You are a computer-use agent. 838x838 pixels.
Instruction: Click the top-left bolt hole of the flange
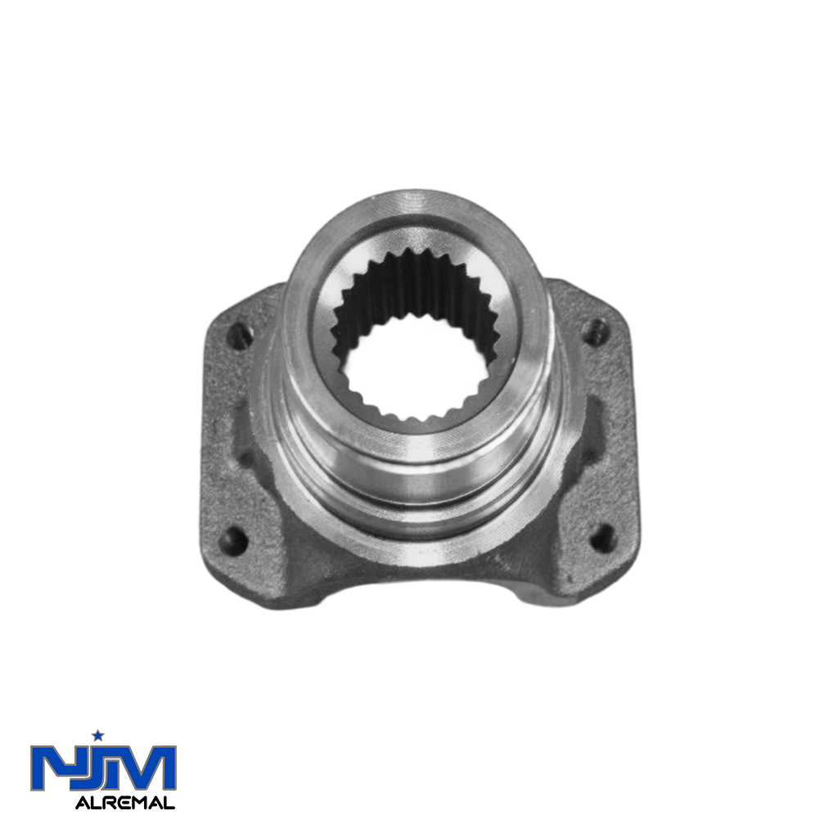click(x=240, y=336)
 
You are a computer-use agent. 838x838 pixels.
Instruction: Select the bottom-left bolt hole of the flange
click(x=233, y=541)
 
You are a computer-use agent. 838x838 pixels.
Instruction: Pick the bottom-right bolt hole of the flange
click(x=602, y=538)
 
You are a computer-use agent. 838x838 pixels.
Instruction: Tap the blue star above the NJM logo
click(x=98, y=736)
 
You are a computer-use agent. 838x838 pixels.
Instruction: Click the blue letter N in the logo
click(x=52, y=768)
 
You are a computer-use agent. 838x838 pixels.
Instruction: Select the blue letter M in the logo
click(x=144, y=768)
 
